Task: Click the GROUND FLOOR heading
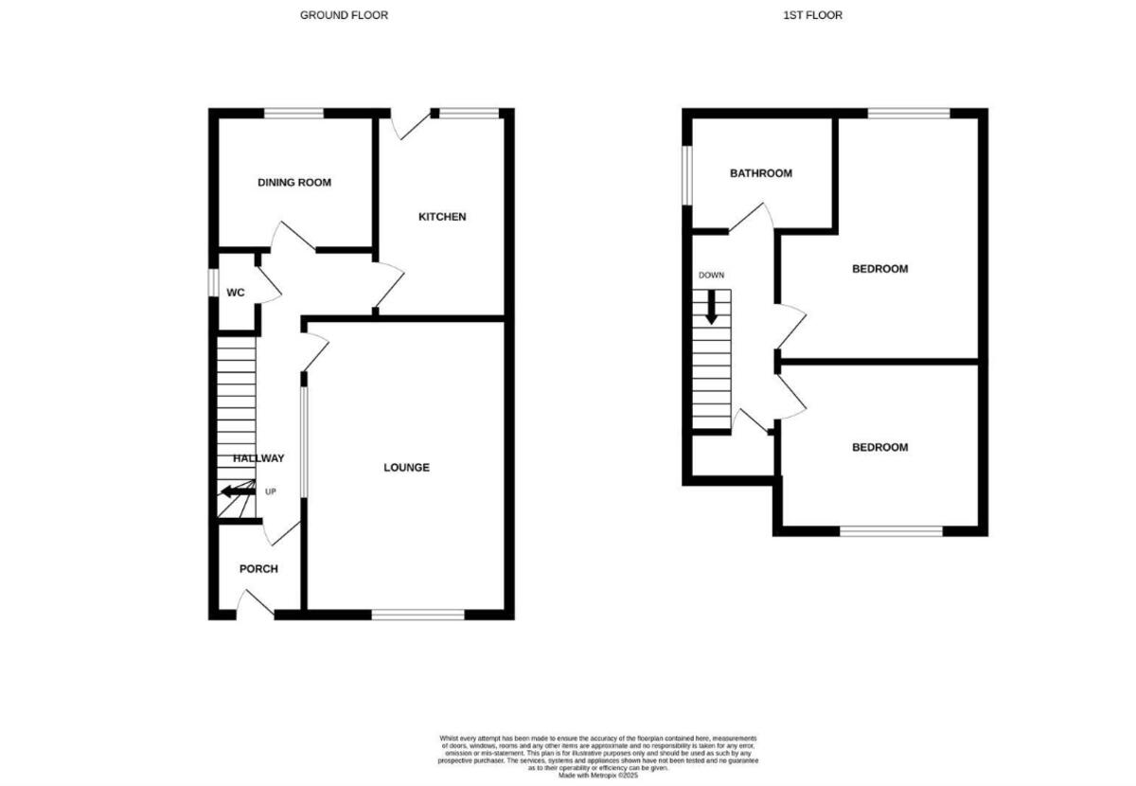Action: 344,15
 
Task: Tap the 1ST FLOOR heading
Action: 813,15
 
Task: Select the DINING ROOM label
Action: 294,182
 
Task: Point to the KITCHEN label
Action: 442,217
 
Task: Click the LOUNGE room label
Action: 406,467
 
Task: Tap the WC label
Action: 236,293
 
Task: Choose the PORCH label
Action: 258,569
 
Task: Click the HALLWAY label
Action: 258,458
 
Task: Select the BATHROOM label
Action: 760,173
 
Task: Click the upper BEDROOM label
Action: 879,269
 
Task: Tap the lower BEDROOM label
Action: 879,447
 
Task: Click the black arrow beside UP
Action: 237,491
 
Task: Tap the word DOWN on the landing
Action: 711,276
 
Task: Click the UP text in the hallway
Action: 271,491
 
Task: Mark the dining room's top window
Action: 293,114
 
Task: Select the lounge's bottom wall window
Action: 418,615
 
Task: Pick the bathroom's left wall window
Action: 687,173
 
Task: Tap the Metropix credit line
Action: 599,775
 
